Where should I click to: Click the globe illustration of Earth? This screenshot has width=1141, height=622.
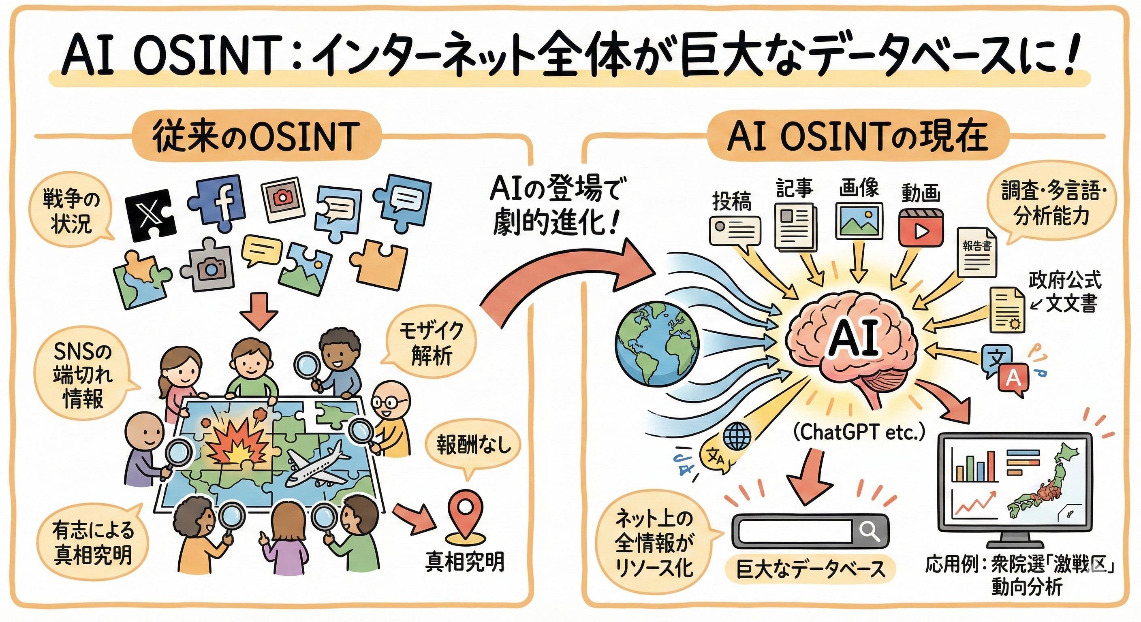[657, 343]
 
